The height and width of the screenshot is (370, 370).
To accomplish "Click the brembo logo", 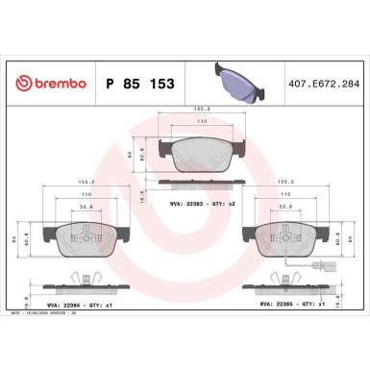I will (45, 84).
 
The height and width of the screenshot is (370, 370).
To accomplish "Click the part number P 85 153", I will (135, 84).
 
